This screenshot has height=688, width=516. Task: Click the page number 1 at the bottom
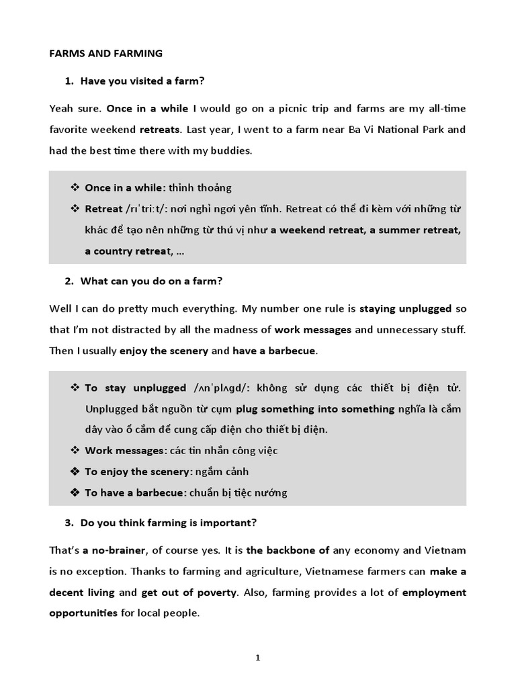[x=257, y=658]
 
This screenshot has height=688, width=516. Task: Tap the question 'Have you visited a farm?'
[x=142, y=81]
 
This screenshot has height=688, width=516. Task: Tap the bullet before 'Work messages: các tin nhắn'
[x=75, y=450]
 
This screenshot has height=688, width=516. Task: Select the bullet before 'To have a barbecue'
[x=75, y=492]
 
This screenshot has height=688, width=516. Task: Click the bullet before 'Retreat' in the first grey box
[x=75, y=209]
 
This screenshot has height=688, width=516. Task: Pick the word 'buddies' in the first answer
[x=232, y=150]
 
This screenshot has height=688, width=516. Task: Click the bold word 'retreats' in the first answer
[x=159, y=129]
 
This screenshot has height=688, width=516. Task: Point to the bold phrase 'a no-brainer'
[x=114, y=550]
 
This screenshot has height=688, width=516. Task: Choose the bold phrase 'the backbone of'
[x=288, y=550]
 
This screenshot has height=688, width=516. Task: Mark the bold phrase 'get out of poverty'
[x=188, y=593]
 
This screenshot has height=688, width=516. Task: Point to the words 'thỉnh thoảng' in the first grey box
[x=200, y=188]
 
